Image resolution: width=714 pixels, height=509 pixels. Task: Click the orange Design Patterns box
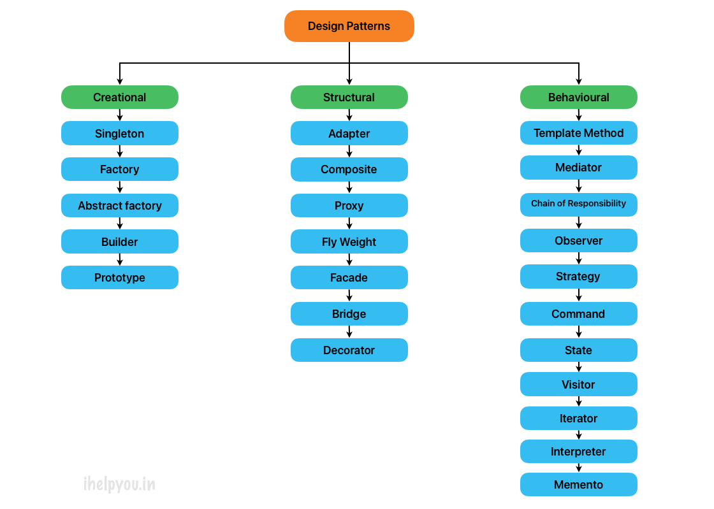349,26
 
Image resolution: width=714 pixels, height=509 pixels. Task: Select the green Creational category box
120,97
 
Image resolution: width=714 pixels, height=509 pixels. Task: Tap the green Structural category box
349,97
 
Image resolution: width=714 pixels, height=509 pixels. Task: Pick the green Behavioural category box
578,97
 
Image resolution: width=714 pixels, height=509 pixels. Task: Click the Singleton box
120,134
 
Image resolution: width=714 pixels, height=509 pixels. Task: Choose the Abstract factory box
120,206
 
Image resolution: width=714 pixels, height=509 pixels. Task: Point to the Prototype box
120,278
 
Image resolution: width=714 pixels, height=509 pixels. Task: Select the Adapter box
349,134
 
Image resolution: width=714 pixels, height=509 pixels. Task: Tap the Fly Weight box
349,242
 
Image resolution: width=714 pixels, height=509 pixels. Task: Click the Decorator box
349,350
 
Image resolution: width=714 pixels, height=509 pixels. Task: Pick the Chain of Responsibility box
578,204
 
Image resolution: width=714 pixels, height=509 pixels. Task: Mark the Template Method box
578,133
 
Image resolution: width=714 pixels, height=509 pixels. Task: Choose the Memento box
578,485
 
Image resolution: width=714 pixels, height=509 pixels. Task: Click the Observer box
578,241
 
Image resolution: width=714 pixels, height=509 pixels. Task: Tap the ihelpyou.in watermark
119,485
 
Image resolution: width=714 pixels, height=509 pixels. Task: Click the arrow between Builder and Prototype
120,260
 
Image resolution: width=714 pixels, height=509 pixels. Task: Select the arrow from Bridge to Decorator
349,332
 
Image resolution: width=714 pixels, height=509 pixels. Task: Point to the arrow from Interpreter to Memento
579,468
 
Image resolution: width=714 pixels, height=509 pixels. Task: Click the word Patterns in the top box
369,26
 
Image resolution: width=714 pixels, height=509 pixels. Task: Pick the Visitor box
578,385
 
